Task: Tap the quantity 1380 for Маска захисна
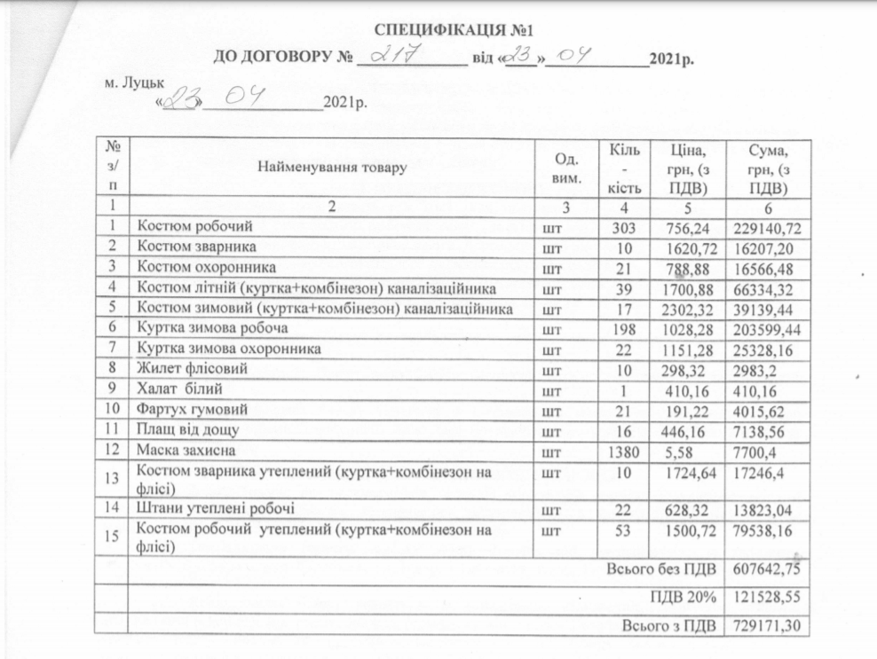tap(624, 451)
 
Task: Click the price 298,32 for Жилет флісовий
tap(681, 369)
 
